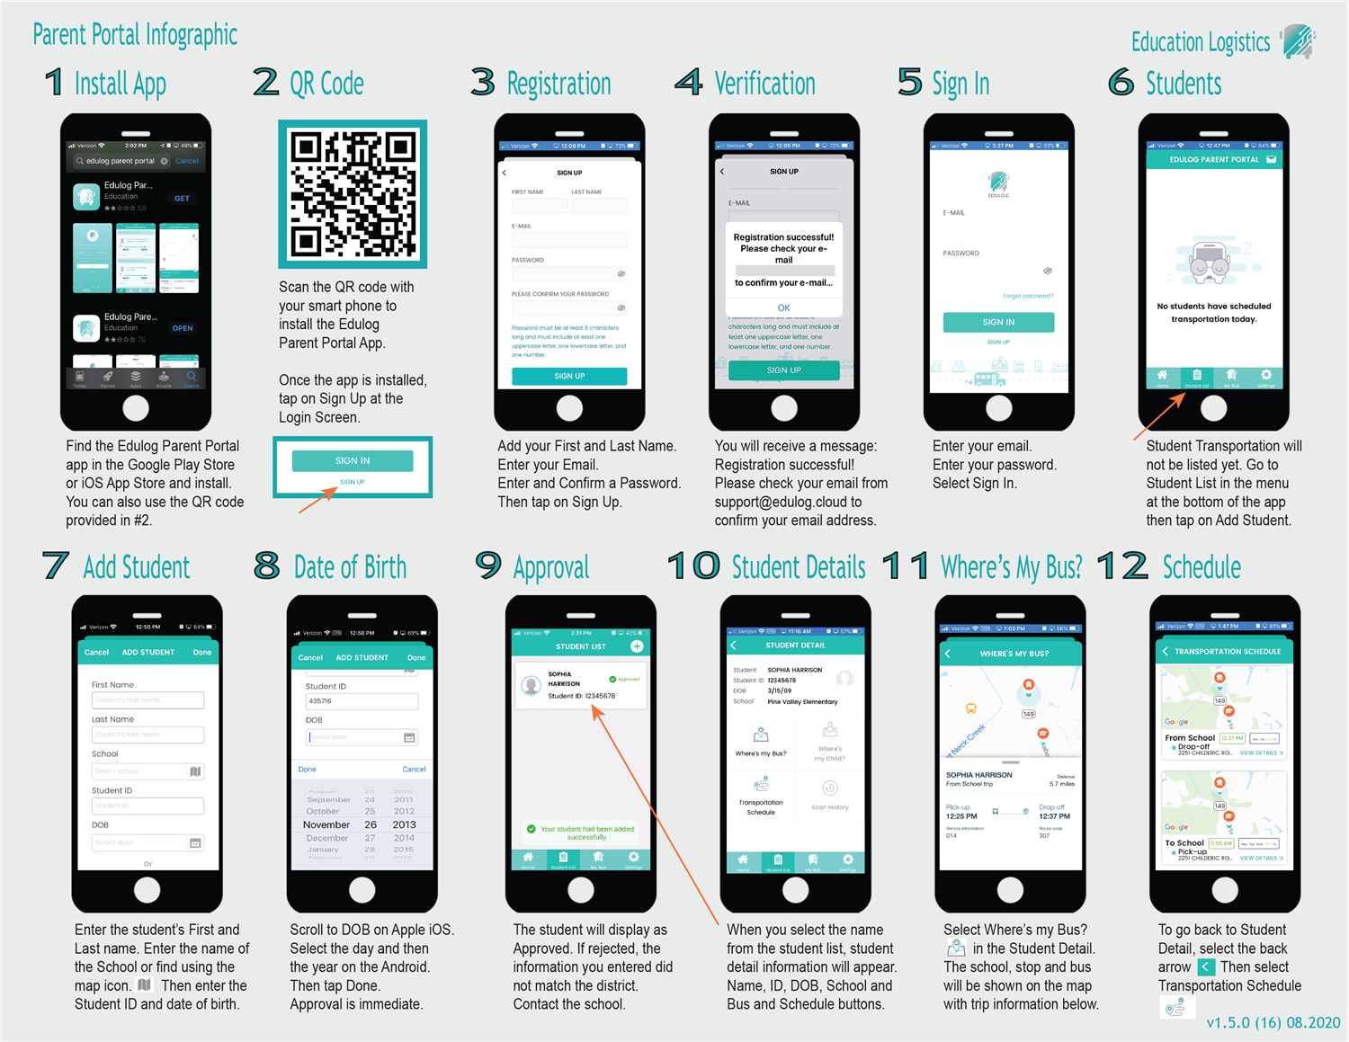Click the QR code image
(x=353, y=194)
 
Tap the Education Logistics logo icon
(x=1298, y=41)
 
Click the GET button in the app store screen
(x=182, y=199)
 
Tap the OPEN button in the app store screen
(x=183, y=328)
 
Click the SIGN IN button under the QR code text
(x=353, y=460)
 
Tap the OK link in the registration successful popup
(x=783, y=307)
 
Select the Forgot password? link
(x=1028, y=296)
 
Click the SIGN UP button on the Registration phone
(x=569, y=376)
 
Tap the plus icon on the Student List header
(x=637, y=646)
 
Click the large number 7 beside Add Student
(x=56, y=566)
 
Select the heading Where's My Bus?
(x=1011, y=567)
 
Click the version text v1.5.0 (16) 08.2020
(x=1273, y=1022)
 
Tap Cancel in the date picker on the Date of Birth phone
(x=414, y=770)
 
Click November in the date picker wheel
(x=326, y=824)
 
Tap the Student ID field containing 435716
(x=362, y=701)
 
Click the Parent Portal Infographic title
(x=135, y=35)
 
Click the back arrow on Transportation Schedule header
(x=1166, y=651)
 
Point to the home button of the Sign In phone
(x=998, y=407)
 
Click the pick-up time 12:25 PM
(x=961, y=816)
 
